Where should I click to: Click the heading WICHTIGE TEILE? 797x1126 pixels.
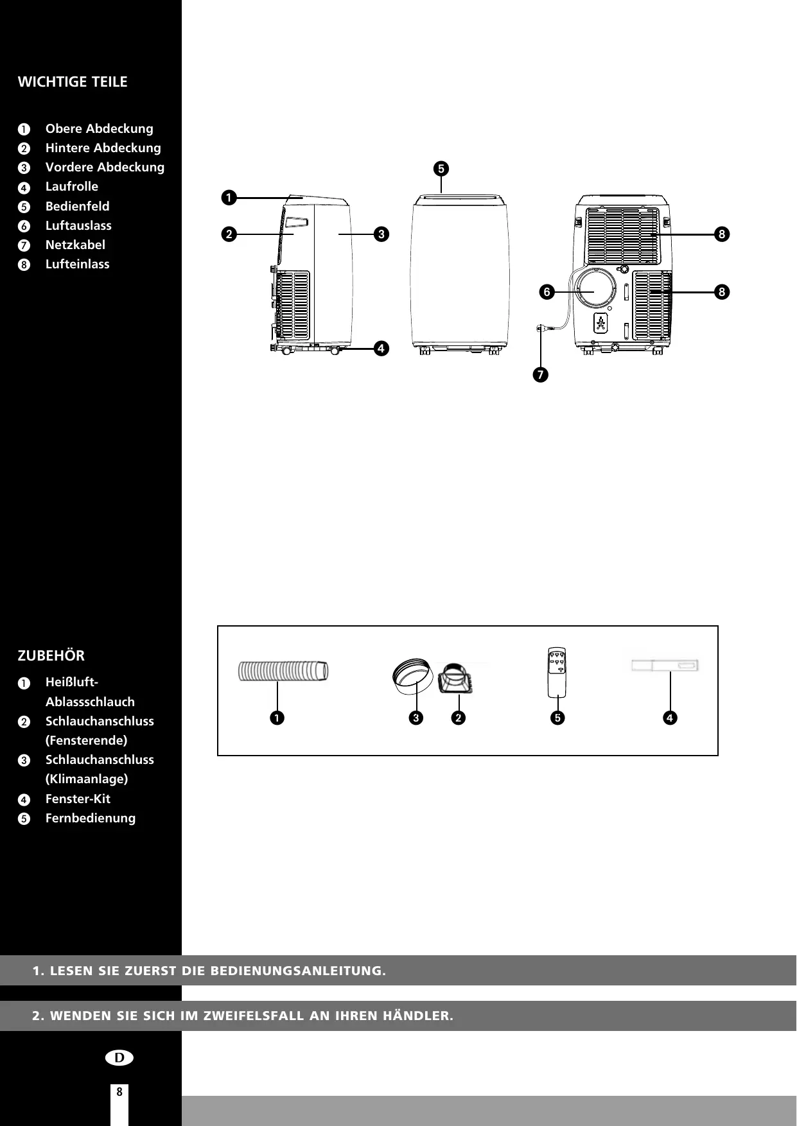[73, 82]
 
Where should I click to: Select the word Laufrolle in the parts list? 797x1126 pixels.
[72, 187]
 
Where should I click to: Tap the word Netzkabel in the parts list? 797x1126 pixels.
[75, 245]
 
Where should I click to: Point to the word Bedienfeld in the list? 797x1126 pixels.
[77, 207]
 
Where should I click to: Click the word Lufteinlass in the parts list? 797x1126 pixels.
[77, 264]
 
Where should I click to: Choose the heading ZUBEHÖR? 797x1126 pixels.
[51, 656]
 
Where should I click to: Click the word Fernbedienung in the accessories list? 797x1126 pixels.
[91, 819]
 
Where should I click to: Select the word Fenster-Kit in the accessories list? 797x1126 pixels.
[78, 799]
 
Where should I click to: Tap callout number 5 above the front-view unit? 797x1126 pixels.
[441, 169]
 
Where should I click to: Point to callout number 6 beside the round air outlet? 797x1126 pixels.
[547, 292]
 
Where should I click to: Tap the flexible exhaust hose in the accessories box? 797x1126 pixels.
[283, 671]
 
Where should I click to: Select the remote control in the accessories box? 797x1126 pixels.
[558, 671]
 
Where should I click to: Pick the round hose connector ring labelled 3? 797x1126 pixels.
[412, 677]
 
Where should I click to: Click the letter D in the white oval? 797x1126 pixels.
[119, 1057]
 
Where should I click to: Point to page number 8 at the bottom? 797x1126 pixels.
[119, 1091]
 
